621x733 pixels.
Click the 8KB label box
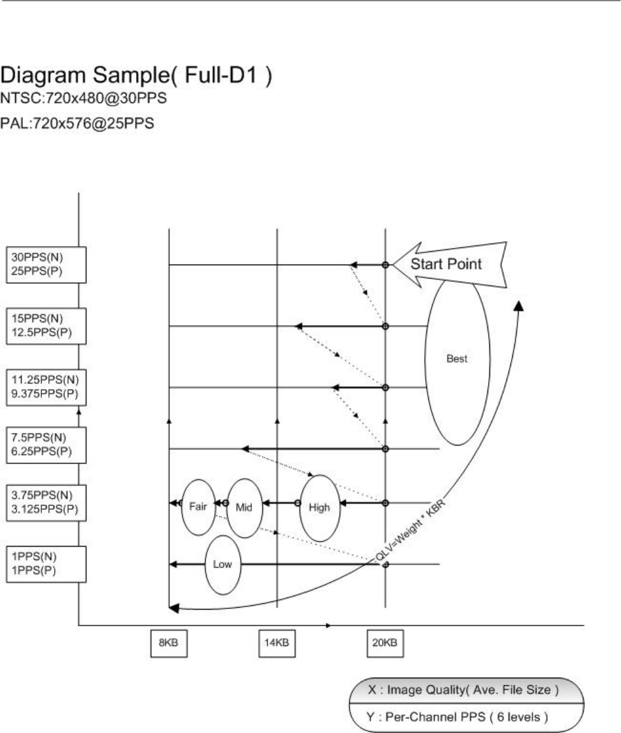point(168,642)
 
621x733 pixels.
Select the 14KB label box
point(277,642)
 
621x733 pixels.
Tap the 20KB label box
point(385,642)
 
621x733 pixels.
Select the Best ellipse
point(457,359)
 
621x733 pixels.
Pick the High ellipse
point(319,507)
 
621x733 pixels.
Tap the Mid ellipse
point(245,508)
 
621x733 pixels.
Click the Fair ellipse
point(198,507)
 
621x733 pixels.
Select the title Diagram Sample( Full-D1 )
point(137,77)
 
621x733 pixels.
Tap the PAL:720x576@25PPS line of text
point(76,123)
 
